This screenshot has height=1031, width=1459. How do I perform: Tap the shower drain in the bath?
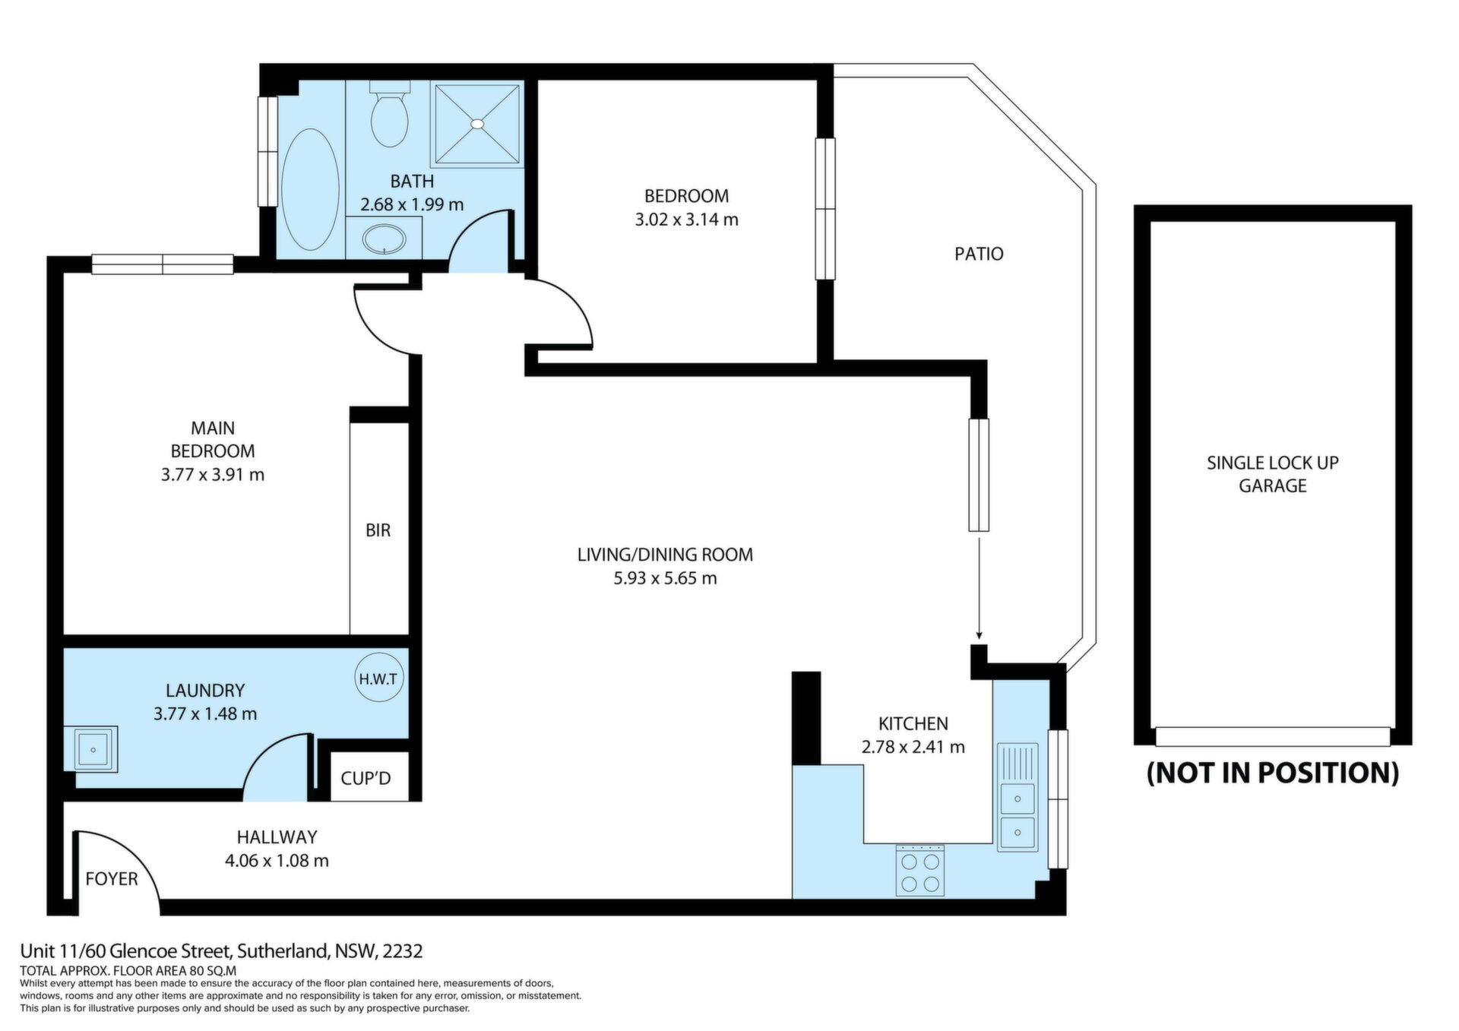coord(477,123)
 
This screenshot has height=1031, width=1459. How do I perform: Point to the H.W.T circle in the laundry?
coord(378,678)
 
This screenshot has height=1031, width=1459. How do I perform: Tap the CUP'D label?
coord(366,779)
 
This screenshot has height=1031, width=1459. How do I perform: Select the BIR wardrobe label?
coord(378,530)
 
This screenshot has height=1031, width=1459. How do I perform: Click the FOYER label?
coord(112,879)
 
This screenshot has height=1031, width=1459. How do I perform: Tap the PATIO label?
coord(979,254)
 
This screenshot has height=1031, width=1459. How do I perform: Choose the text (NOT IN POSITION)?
coord(1273,773)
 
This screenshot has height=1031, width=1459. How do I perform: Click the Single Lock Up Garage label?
coord(1273,474)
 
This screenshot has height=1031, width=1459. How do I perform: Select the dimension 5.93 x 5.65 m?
coord(665,578)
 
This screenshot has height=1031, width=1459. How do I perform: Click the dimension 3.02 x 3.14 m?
coord(686,220)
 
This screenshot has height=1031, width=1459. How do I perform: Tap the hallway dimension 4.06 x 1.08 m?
coord(277,861)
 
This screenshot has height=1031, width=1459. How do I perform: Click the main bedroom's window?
coord(163,264)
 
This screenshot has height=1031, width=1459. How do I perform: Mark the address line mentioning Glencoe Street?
coord(221,951)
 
